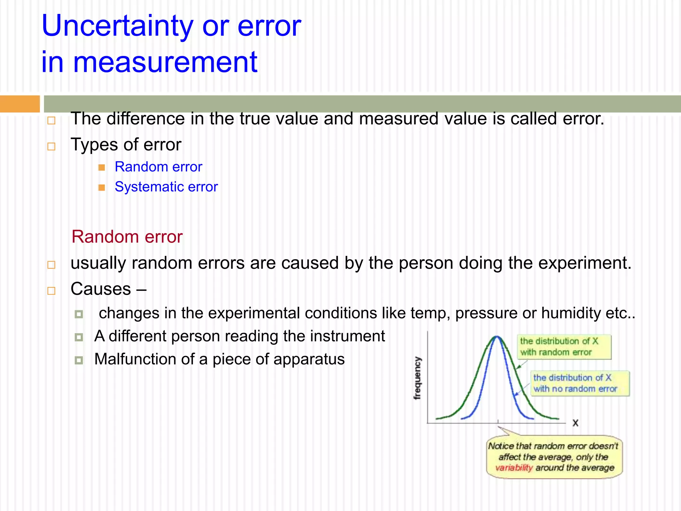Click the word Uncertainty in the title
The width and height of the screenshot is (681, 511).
(x=117, y=27)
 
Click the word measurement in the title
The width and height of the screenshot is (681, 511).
(x=165, y=63)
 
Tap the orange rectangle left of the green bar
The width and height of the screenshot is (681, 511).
(x=20, y=104)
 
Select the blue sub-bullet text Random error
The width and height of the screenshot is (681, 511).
(x=158, y=167)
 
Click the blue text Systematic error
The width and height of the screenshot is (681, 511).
(x=166, y=187)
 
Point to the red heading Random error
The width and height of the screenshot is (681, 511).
(x=127, y=237)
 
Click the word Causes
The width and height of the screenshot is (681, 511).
(x=101, y=289)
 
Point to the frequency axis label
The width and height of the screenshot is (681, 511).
(x=417, y=378)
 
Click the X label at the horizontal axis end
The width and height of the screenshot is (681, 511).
(x=576, y=423)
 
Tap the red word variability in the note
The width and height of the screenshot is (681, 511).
(x=514, y=468)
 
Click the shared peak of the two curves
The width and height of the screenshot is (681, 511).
(x=497, y=337)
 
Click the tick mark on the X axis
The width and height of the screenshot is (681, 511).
(x=498, y=422)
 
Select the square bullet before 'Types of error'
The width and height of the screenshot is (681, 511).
(x=51, y=146)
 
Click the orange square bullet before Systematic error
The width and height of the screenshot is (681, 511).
(x=102, y=188)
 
